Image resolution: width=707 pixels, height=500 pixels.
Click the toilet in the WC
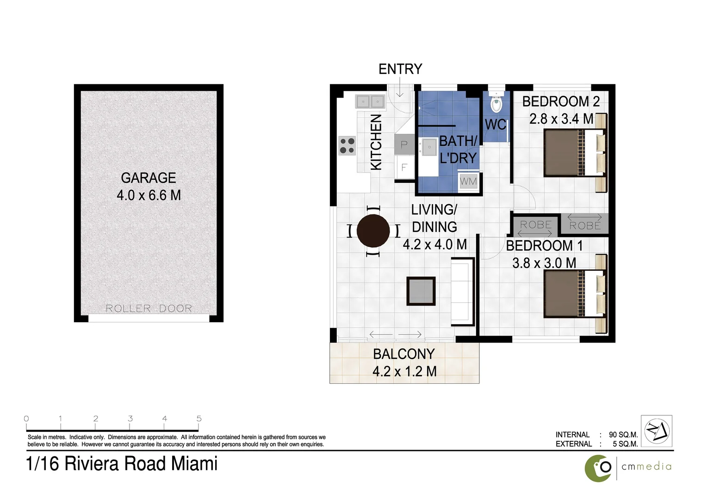click(496, 103)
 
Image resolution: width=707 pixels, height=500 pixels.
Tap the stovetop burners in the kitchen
click(347, 145)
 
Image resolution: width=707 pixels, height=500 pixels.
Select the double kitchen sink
click(370, 101)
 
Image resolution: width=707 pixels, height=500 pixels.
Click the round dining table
click(373, 231)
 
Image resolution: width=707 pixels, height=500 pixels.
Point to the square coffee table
click(421, 291)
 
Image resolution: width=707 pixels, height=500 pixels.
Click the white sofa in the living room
click(462, 291)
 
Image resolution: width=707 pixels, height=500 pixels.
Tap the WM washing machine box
click(468, 182)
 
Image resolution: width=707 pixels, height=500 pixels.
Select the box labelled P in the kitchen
click(404, 145)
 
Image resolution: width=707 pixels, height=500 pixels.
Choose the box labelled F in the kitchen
click(404, 167)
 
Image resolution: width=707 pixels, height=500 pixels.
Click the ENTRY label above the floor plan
click(400, 69)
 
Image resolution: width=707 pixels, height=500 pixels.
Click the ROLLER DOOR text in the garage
click(149, 308)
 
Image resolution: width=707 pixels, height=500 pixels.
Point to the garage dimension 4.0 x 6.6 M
click(149, 195)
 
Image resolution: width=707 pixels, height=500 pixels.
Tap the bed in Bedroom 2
click(574, 153)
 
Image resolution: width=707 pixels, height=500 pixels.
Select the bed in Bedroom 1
click(574, 294)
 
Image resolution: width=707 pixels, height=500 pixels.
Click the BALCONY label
click(404, 354)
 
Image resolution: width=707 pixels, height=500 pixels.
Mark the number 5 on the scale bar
click(199, 419)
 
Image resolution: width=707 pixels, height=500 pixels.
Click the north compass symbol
click(657, 431)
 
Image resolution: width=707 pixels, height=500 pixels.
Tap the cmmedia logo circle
click(598, 468)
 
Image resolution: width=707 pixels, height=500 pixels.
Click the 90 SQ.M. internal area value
click(623, 435)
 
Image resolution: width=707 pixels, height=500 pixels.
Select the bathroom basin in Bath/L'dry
click(428, 148)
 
